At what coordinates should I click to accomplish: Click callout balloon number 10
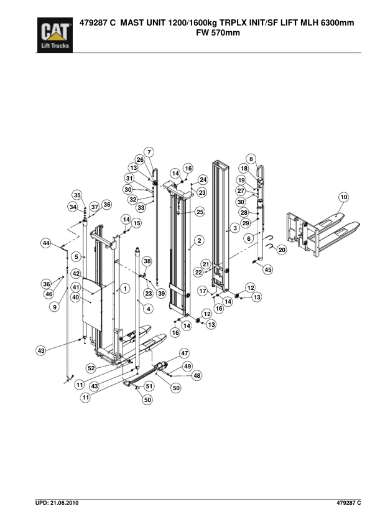click(343, 197)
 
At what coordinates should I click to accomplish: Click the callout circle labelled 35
click(77, 194)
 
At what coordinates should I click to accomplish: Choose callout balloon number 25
click(200, 212)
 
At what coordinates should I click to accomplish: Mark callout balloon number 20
click(281, 250)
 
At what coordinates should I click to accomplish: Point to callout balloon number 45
click(268, 269)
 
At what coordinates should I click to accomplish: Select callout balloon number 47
click(184, 353)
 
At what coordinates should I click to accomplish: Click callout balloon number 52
click(91, 368)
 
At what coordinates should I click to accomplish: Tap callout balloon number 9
click(55, 306)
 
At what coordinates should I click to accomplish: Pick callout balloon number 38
click(147, 261)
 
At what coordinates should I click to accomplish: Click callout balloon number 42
click(75, 274)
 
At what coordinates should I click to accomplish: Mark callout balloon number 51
click(149, 386)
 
